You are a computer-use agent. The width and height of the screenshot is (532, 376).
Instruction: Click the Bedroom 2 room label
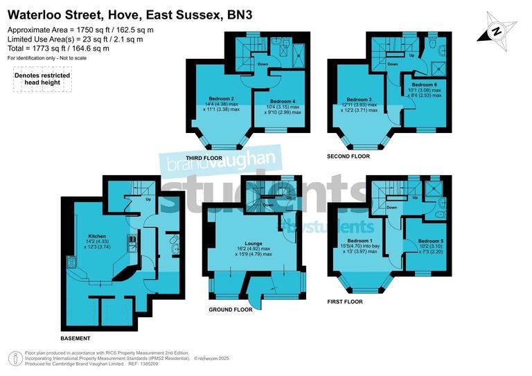[x=222, y=98]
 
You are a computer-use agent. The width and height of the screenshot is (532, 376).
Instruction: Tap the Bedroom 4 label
[x=284, y=101]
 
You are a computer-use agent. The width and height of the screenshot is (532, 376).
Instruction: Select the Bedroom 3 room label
[x=360, y=99]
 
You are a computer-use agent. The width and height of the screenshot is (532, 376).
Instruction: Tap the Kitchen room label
[x=96, y=236]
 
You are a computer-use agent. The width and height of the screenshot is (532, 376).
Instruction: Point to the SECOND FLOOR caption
[x=348, y=156]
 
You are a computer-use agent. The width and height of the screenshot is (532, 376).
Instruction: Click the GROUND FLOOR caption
[x=231, y=310]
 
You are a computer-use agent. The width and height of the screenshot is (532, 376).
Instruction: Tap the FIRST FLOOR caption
[x=344, y=303]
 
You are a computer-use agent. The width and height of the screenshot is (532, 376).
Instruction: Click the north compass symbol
[x=497, y=31]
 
